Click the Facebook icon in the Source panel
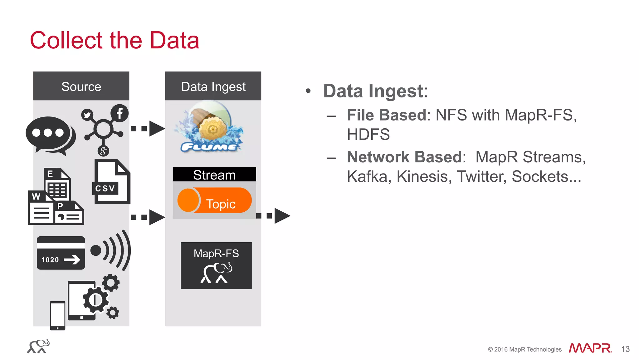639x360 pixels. pyautogui.click(x=120, y=113)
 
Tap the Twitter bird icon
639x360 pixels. pyautogui.click(x=87, y=115)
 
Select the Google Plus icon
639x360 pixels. pyautogui.click(x=103, y=151)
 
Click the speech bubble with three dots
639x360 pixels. pyautogui.click(x=50, y=134)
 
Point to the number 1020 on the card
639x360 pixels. pyautogui.click(x=50, y=260)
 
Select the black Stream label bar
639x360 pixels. pyautogui.click(x=214, y=175)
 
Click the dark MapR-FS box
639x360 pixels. pyautogui.click(x=216, y=265)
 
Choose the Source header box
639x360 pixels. pyautogui.click(x=81, y=86)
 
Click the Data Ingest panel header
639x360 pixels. pyautogui.click(x=213, y=86)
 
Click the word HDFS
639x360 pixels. pyautogui.click(x=368, y=135)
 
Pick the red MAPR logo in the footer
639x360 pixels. pyautogui.click(x=590, y=348)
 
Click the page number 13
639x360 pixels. pyautogui.click(x=625, y=349)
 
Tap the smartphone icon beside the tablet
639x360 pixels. pyautogui.click(x=58, y=315)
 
